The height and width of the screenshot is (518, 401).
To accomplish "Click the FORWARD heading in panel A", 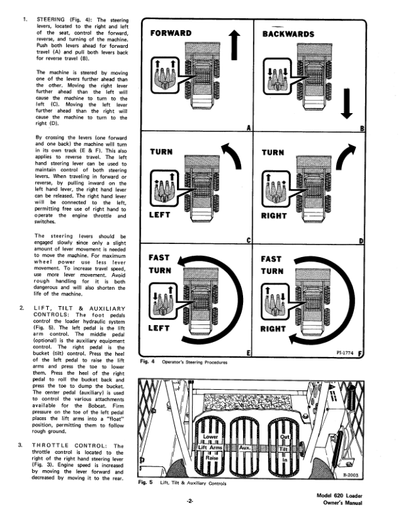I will click(x=172, y=33).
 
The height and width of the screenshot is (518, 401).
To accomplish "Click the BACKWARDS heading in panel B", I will click(x=288, y=34).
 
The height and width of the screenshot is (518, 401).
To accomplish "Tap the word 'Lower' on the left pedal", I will click(x=211, y=436).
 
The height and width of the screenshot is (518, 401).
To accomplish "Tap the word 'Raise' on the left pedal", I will click(x=212, y=459).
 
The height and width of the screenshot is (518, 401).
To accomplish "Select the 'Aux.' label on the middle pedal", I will click(x=246, y=448).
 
